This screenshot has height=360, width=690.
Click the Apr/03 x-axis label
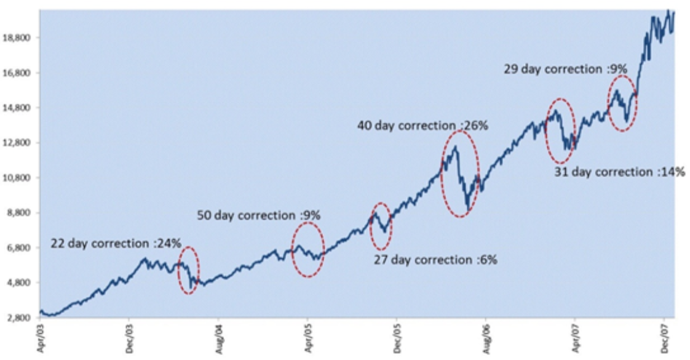(40, 337)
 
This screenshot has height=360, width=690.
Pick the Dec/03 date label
(129, 337)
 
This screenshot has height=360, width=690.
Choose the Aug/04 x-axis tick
(218, 337)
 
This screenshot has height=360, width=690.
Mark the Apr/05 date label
(307, 337)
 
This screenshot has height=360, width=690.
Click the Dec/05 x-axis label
(397, 337)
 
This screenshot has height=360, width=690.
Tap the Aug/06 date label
(486, 337)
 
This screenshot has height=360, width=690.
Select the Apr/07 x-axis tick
(575, 337)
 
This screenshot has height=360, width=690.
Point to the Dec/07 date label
(664, 337)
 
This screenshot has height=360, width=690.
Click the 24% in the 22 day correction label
(169, 243)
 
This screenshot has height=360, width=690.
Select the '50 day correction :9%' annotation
(259, 215)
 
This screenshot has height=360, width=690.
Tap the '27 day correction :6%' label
(435, 260)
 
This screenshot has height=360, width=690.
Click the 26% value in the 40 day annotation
(475, 126)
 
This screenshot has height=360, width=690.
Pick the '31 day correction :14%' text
(619, 172)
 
